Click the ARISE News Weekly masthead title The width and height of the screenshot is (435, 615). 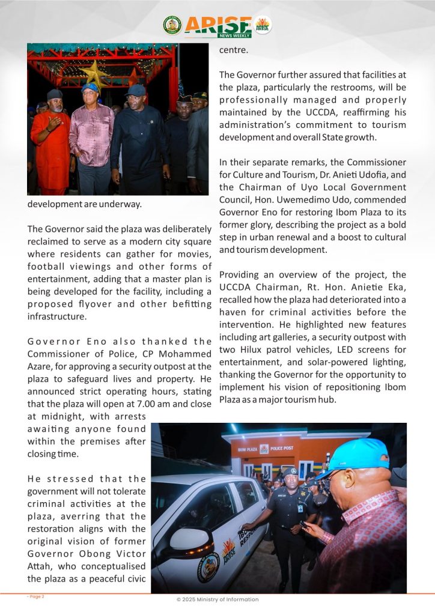point(218,25)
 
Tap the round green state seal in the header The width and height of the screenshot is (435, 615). point(172,25)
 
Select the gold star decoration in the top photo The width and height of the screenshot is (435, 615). point(95,73)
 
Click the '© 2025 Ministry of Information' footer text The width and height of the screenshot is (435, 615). point(218,599)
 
